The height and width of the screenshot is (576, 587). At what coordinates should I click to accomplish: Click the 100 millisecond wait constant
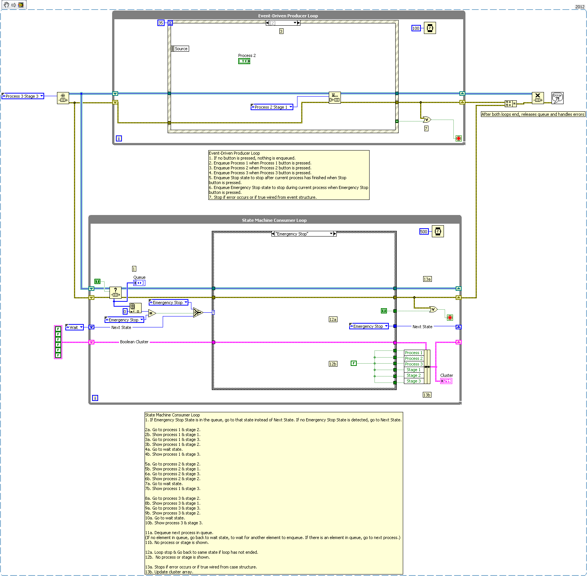(416, 28)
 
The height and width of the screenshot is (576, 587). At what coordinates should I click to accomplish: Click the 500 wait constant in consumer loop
(424, 232)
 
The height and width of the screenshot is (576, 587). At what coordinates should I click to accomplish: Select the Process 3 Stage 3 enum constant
(23, 96)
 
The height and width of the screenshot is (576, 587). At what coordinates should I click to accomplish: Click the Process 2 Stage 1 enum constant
(271, 107)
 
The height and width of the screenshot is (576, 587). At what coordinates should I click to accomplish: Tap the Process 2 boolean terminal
(244, 61)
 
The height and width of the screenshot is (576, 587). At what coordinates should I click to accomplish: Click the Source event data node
(180, 49)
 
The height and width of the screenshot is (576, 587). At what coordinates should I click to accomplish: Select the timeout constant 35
(160, 23)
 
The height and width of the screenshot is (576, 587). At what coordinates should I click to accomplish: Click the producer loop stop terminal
(459, 138)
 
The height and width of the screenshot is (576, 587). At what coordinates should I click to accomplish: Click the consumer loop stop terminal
(450, 318)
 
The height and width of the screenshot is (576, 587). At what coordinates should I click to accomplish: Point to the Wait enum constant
(74, 327)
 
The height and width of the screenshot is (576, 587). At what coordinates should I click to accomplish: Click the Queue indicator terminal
(139, 283)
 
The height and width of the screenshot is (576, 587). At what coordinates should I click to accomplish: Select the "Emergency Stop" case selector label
(302, 234)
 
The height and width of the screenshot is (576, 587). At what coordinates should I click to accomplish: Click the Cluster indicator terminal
(446, 381)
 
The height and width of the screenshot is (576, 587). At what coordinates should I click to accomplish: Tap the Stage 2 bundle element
(413, 375)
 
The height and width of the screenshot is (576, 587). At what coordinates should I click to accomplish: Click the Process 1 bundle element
(413, 353)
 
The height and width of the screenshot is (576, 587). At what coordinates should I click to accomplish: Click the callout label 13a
(427, 279)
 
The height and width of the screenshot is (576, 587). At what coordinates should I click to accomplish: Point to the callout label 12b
(333, 364)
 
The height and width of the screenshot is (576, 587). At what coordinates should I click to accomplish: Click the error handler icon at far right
(557, 98)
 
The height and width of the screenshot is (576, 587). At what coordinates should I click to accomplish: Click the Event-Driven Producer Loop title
(288, 16)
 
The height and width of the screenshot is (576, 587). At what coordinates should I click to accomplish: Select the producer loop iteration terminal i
(119, 138)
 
